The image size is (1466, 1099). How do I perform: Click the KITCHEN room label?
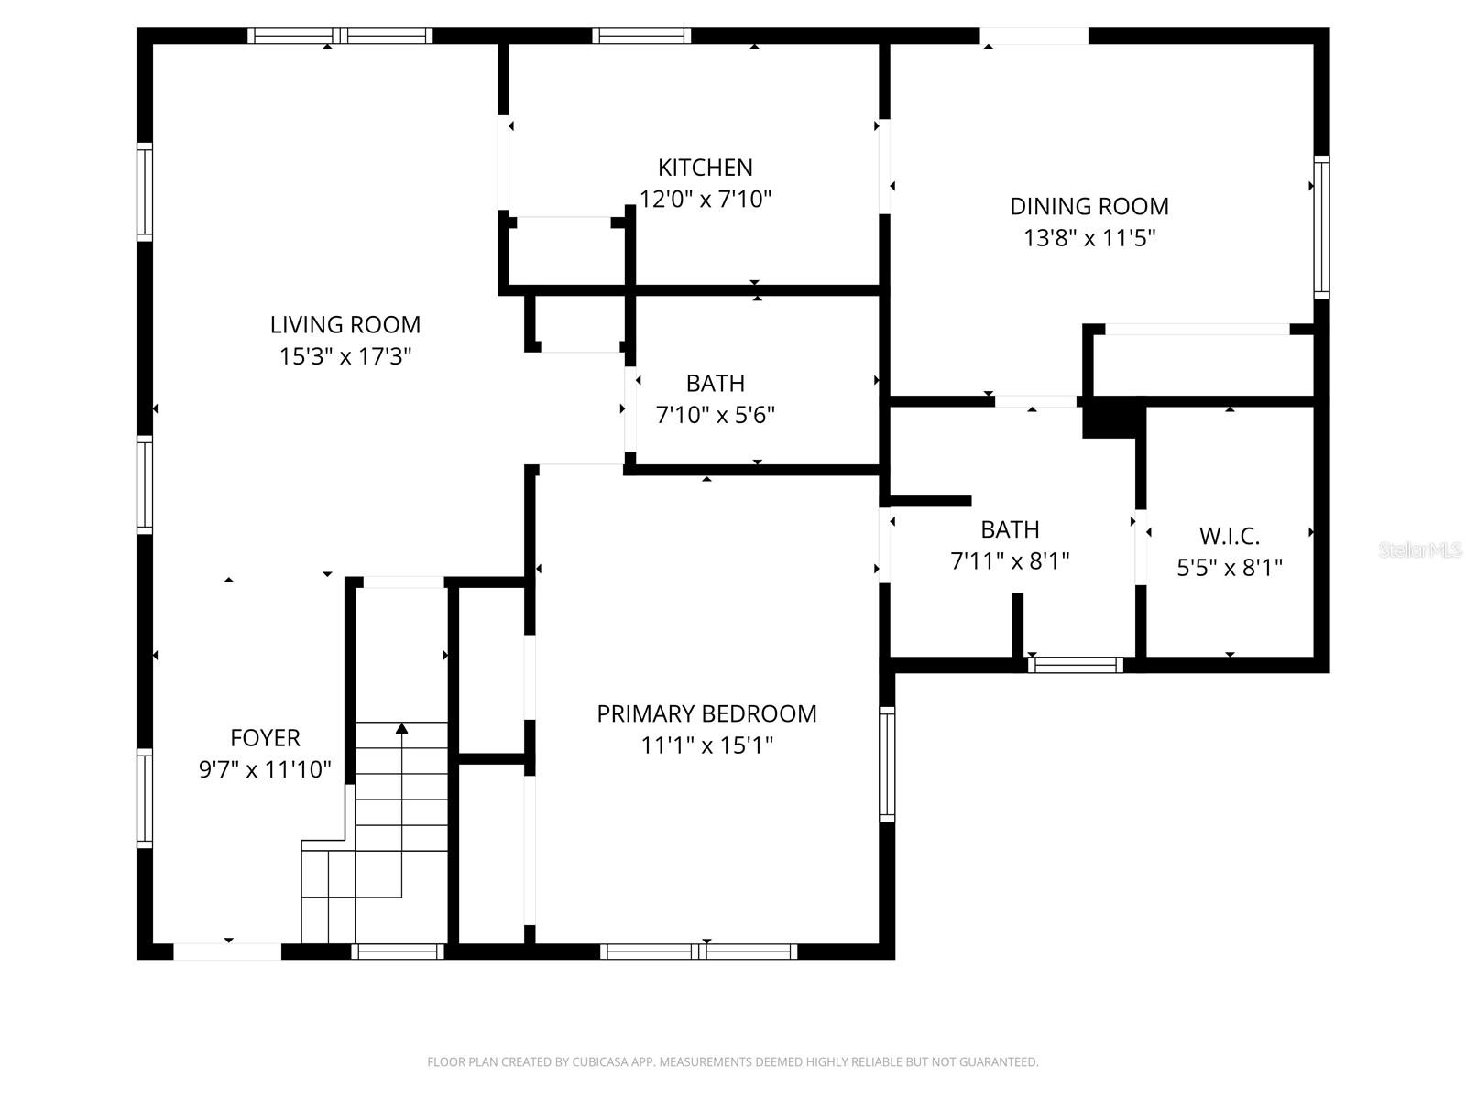point(705,168)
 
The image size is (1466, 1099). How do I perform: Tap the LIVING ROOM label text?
point(345,324)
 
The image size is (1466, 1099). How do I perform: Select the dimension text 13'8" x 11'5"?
point(1089,238)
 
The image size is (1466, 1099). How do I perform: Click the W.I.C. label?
point(1229,536)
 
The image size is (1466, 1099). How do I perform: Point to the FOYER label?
point(265,737)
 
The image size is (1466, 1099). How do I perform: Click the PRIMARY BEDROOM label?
point(706,713)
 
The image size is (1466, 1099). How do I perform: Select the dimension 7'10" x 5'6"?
point(715,415)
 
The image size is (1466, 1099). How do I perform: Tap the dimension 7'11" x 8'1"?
point(1010,560)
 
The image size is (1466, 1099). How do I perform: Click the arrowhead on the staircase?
point(401,728)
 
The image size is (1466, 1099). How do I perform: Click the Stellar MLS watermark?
point(1419,549)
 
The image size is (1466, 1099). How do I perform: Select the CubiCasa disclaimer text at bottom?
point(732,1062)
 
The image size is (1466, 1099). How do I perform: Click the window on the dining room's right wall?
point(1321,226)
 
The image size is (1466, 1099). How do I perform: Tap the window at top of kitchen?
point(640,36)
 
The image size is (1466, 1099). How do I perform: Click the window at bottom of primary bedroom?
point(698,952)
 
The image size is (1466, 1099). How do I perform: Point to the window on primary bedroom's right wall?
point(887,763)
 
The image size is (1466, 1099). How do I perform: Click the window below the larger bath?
point(1075,665)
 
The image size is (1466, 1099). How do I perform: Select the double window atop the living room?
point(340,36)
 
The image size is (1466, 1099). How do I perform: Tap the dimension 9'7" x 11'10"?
point(265,769)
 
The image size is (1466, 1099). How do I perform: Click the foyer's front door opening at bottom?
point(227,952)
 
